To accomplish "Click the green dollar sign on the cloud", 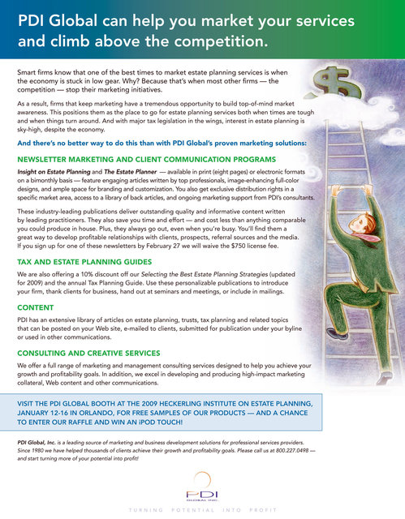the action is click(x=335, y=81).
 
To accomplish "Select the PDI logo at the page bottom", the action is click(x=202, y=491).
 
